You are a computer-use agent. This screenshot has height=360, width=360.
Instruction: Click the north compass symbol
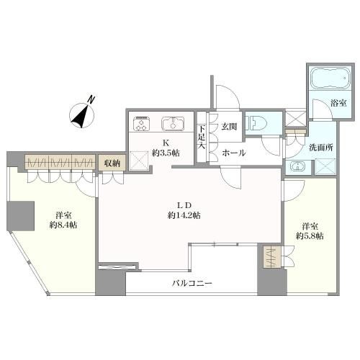tap(82, 114)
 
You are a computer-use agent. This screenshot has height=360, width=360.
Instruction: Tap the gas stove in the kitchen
tap(142, 124)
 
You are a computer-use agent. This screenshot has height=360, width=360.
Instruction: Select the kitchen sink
tap(173, 124)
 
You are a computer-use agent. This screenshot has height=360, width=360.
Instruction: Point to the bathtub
tap(330, 78)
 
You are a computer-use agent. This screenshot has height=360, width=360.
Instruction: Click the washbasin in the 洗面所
tap(298, 166)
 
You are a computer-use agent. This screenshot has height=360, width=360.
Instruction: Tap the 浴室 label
tap(338, 103)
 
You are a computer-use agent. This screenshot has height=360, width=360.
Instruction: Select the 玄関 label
tap(229, 127)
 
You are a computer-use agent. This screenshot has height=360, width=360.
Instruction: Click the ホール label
tap(233, 153)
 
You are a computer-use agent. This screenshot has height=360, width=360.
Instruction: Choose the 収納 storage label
tap(112, 163)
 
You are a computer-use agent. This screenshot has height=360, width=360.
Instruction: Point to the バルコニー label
tap(192, 284)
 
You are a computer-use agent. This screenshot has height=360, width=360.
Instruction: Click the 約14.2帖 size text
tap(184, 215)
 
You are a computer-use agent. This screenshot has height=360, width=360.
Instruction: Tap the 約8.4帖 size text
tap(63, 225)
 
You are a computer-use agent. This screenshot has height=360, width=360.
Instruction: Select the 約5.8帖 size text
tap(310, 236)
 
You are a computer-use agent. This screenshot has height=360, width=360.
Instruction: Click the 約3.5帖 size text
tap(166, 153)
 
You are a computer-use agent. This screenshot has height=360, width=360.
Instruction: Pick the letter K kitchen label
tap(166, 143)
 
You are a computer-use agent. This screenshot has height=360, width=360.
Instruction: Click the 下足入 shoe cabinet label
tap(202, 138)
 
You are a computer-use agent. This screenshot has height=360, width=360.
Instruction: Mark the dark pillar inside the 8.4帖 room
tap(20, 216)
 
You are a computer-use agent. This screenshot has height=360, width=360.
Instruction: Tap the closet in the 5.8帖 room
tap(271, 258)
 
